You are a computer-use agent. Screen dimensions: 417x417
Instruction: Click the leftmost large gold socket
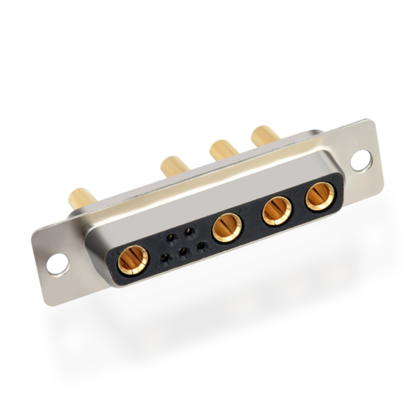[x=132, y=260]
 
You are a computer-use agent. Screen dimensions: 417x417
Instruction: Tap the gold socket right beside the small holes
[x=227, y=228]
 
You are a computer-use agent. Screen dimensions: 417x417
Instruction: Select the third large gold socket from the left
[x=277, y=210]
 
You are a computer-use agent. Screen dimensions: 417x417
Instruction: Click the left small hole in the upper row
[x=170, y=238]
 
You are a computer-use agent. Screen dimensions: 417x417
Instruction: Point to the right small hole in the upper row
[x=188, y=231]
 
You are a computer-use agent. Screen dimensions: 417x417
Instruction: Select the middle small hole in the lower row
[x=183, y=252]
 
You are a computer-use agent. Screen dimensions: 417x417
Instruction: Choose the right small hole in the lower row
[x=202, y=245]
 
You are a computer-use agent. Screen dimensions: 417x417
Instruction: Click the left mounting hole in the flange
[x=58, y=263]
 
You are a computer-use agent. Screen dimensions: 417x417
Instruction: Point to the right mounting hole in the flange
[x=361, y=161]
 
